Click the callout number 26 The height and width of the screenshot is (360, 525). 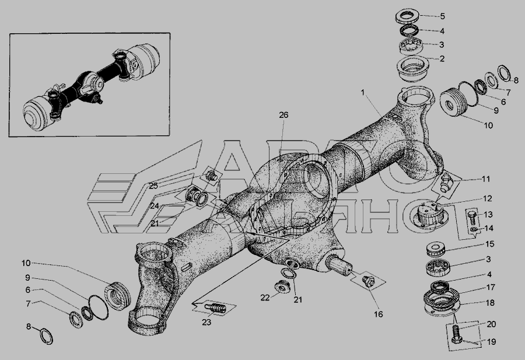click(x=283, y=115)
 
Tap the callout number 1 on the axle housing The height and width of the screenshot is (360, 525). click(x=363, y=92)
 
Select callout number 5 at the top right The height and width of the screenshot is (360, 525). click(x=442, y=16)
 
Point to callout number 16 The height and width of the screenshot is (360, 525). click(x=379, y=314)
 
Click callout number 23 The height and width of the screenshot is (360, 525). click(x=206, y=322)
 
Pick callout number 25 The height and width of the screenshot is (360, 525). click(x=153, y=186)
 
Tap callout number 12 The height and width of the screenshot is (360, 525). click(x=488, y=198)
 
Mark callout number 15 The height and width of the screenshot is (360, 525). click(x=489, y=244)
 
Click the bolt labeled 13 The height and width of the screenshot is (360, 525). click(x=472, y=217)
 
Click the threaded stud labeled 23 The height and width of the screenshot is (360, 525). click(x=214, y=307)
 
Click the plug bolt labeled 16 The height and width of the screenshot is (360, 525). click(x=367, y=281)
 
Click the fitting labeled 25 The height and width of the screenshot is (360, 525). click(x=211, y=175)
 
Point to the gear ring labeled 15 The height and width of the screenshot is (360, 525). click(x=435, y=249)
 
